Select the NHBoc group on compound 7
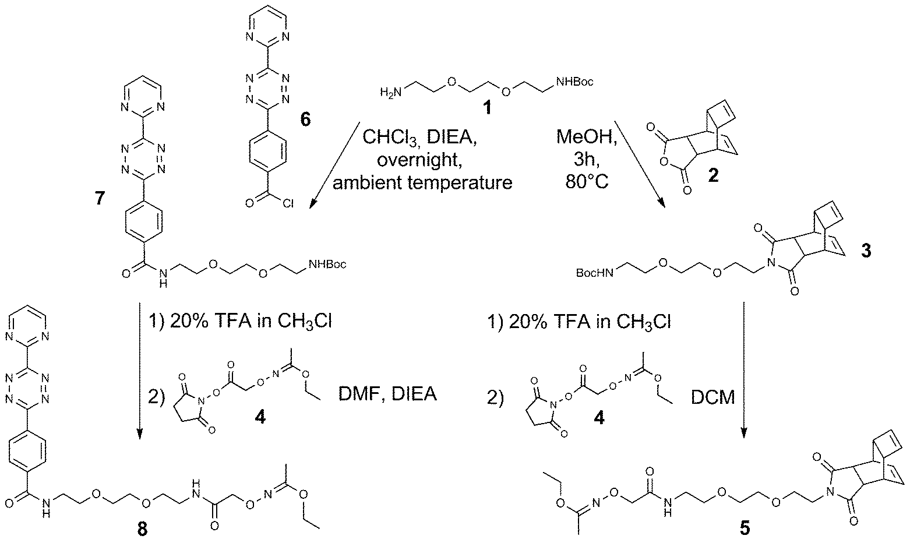(x=327, y=265)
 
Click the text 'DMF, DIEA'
(x=387, y=395)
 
